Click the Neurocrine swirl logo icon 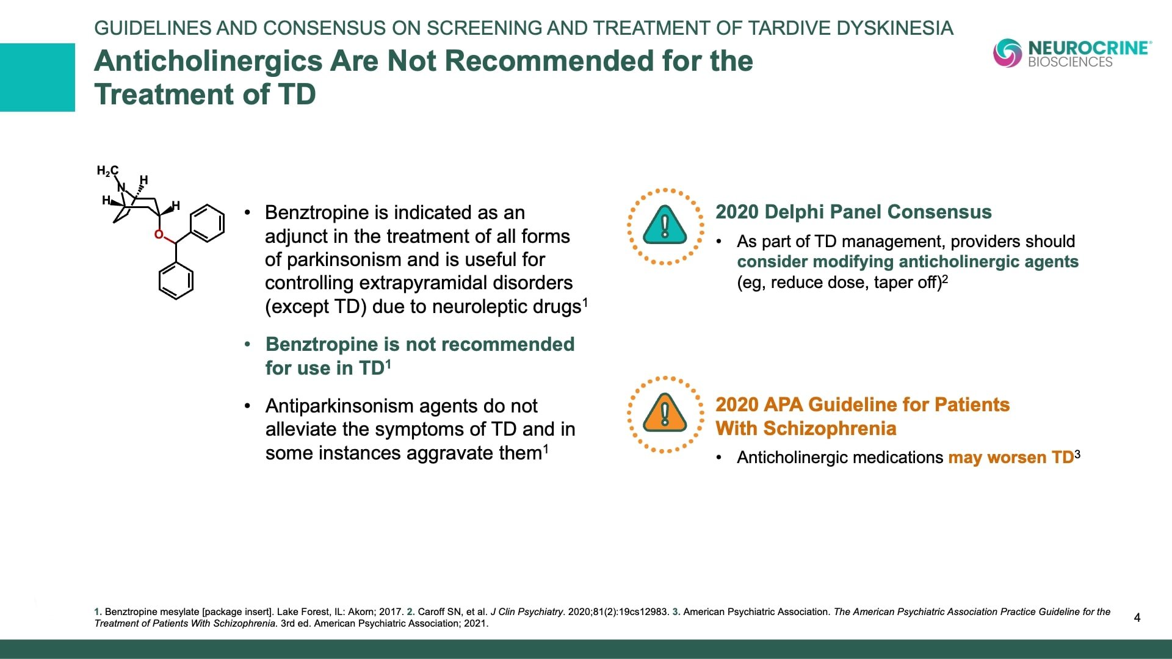point(1007,52)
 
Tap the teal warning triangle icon point(665,226)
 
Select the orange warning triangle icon point(665,414)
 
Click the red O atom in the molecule point(159,234)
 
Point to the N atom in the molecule point(121,187)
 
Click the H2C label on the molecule point(107,171)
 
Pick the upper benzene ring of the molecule point(207,223)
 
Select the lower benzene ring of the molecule point(176,281)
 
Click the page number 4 point(1137,618)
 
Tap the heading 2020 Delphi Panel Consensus point(853,212)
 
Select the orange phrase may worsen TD point(1010,458)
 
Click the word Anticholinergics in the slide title point(208,61)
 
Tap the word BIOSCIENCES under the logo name point(1069,62)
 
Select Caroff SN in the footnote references point(440,612)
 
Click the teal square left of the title point(37,77)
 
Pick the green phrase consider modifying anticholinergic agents point(907,262)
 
